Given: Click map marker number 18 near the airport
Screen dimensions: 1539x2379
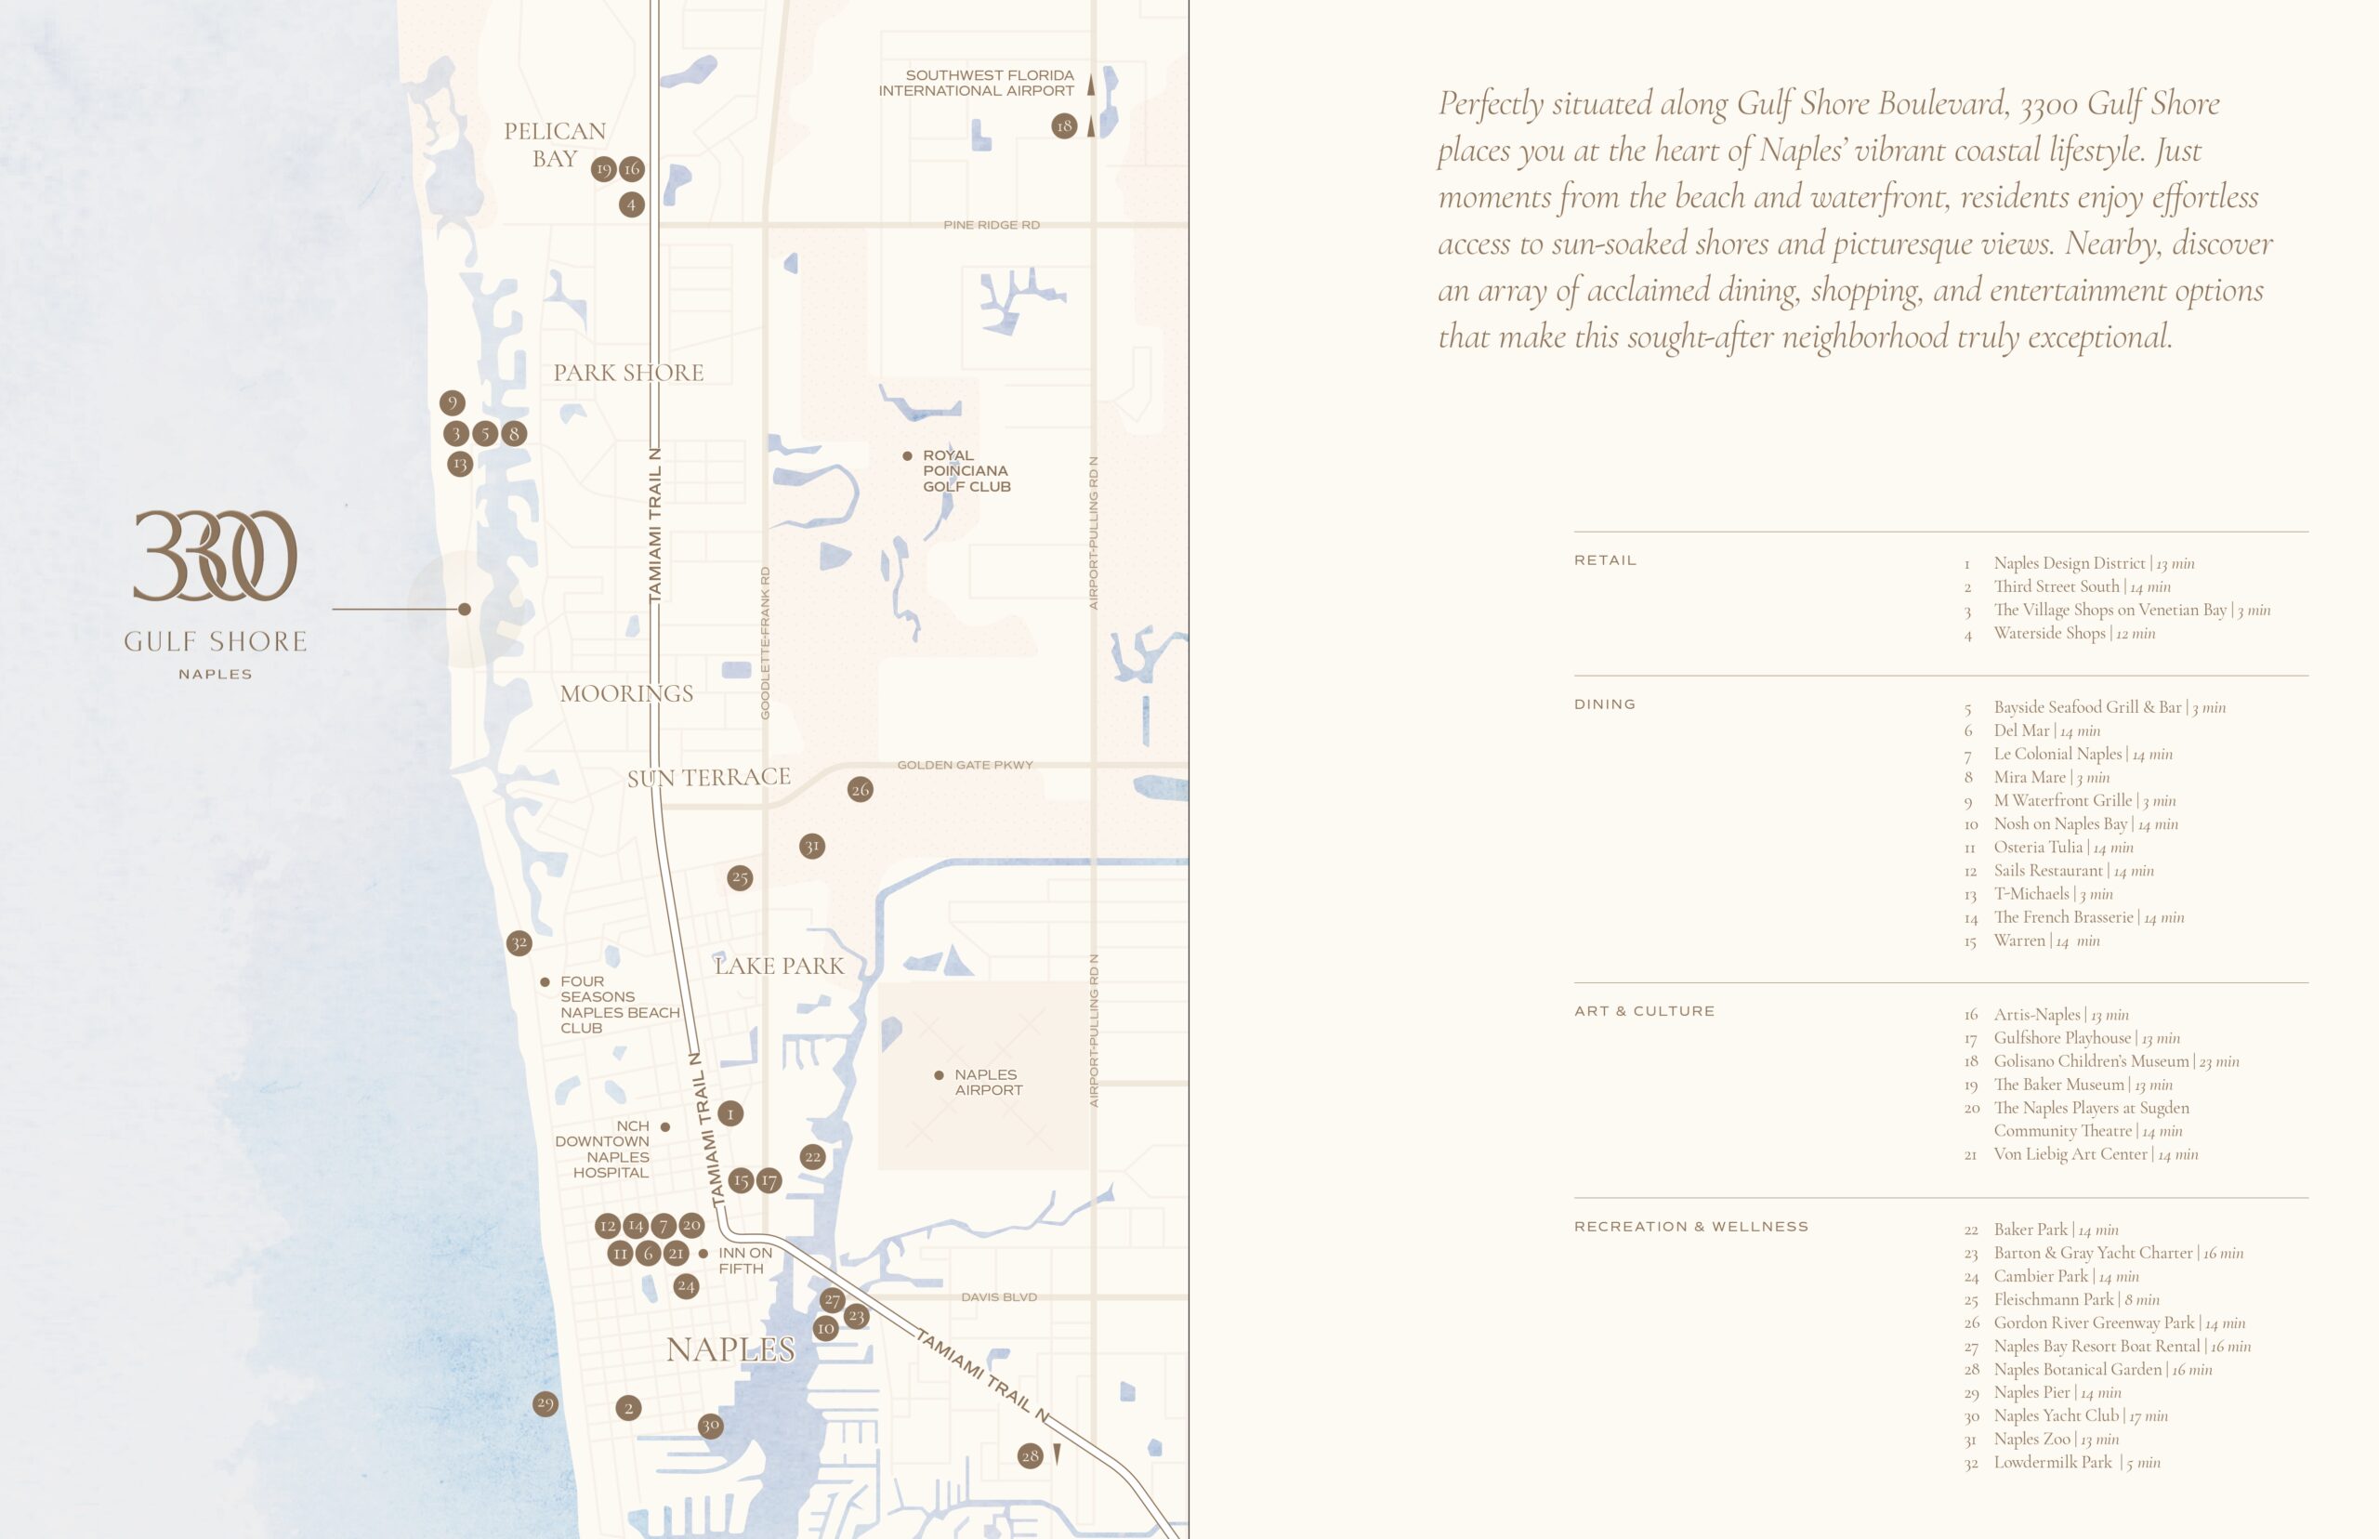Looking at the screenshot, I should (1064, 125).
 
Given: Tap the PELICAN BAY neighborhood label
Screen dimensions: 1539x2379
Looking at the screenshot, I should (555, 145).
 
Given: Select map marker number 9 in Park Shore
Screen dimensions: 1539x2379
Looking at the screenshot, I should (452, 402).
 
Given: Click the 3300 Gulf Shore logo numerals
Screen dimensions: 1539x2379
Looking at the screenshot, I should (215, 556).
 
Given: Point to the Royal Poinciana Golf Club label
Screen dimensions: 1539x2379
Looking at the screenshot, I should (966, 470).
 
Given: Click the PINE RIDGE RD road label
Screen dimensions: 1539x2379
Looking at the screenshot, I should (992, 225).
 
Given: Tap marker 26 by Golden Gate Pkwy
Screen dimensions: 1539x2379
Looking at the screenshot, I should (861, 790).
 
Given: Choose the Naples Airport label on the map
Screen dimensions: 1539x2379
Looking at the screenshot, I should (987, 1083).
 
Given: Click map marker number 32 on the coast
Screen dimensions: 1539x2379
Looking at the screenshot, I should (519, 942).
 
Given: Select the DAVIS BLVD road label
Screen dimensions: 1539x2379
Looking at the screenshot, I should (998, 1297).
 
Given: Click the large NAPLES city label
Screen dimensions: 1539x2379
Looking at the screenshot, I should (730, 1349).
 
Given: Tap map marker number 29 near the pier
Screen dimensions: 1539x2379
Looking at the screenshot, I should (545, 1403).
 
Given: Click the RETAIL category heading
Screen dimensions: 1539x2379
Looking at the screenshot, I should (1605, 560).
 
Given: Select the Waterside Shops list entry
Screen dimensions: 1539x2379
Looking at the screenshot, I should (2073, 634).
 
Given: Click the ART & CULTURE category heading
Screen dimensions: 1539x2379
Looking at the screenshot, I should (1644, 1011).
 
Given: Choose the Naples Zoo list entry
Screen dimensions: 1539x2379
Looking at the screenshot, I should (2056, 1439).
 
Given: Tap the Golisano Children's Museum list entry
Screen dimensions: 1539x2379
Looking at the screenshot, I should (2115, 1061).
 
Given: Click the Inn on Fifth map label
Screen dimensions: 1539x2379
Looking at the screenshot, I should (744, 1260).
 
